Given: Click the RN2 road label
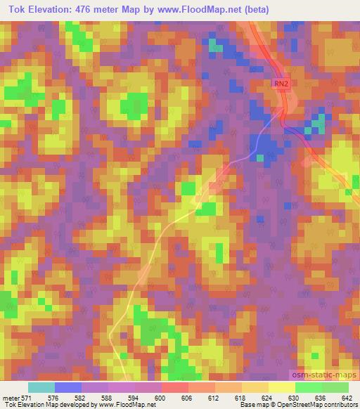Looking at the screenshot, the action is (x=281, y=84).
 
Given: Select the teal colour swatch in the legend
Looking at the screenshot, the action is (x=41, y=387).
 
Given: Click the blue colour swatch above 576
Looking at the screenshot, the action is (x=68, y=387).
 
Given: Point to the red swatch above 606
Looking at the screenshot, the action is (x=175, y=387).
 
